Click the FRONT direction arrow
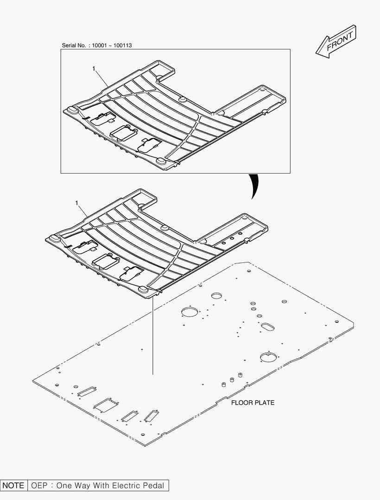tap(336, 41)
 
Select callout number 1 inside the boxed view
tap(94, 69)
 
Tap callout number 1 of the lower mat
tap(76, 203)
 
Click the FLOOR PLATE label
tap(253, 403)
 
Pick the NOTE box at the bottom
tap(13, 486)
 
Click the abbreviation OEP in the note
tap(39, 486)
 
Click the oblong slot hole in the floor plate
tap(267, 326)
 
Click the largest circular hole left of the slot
tap(189, 312)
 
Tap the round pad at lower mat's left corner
tap(54, 238)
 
